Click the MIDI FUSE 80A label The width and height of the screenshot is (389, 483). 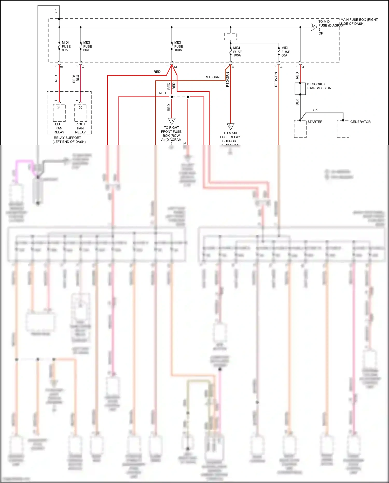[66, 46]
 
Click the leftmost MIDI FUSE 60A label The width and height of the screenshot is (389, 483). [87, 46]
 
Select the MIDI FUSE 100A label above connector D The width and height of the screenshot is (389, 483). [178, 46]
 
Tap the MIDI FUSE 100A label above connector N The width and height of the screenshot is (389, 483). [237, 52]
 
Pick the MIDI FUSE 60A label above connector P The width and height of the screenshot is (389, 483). [286, 52]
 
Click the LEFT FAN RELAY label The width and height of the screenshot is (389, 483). [59, 128]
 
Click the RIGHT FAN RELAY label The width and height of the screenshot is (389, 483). [80, 128]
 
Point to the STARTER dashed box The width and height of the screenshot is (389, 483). [300, 129]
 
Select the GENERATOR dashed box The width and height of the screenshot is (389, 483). [343, 129]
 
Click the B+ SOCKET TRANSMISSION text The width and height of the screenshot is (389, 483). [319, 86]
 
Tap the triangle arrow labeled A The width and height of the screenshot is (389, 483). [314, 27]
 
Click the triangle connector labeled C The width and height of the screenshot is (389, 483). [172, 121]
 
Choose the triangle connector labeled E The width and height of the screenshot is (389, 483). [231, 126]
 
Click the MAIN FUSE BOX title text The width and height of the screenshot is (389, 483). [359, 22]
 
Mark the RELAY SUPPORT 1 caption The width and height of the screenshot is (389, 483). [69, 140]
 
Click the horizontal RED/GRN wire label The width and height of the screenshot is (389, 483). [212, 77]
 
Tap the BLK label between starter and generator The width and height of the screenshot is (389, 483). [314, 110]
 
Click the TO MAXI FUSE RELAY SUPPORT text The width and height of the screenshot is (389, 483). [230, 137]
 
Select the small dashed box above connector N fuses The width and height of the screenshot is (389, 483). [231, 36]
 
